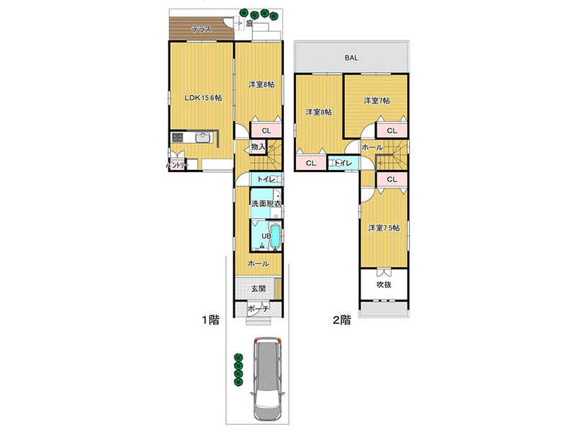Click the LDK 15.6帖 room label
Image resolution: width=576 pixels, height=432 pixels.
(203, 98)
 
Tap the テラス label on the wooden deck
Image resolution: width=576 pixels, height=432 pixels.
(202, 30)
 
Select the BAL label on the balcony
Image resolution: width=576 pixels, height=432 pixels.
(351, 58)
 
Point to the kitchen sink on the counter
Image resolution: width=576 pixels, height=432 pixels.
(202, 138)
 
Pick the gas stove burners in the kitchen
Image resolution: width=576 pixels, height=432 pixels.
(177, 138)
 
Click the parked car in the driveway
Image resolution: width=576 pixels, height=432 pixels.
(268, 379)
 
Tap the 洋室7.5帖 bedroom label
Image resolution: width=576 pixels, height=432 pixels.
(384, 228)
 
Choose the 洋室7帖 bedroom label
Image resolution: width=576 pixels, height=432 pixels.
(377, 101)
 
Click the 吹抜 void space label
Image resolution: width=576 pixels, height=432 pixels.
(384, 284)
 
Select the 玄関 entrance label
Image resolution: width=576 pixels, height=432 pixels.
(258, 289)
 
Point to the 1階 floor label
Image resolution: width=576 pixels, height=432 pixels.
(210, 320)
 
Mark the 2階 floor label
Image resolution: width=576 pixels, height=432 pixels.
(342, 320)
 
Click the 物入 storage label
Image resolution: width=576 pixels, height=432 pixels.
(258, 147)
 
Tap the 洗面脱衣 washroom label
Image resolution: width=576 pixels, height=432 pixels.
(266, 204)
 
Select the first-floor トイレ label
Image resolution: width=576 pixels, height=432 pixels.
(266, 179)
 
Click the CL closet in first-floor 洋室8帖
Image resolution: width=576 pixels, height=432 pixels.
(266, 130)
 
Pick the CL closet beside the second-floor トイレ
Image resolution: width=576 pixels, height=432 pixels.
(311, 163)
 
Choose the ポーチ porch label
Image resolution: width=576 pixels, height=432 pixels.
(258, 310)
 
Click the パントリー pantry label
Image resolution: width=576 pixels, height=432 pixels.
(177, 166)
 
